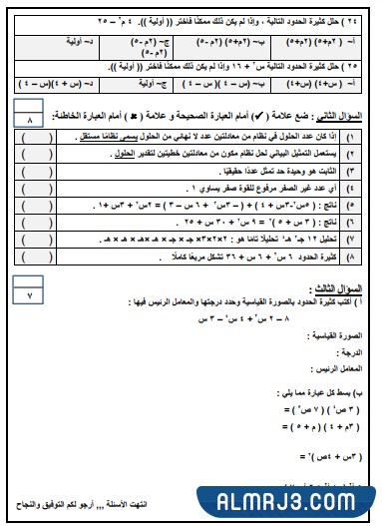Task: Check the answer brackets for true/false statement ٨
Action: tap(39, 257)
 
